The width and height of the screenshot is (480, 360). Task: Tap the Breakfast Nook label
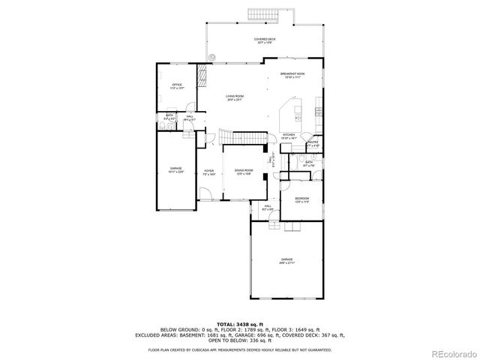[x=292, y=75]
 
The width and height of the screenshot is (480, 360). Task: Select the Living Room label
[x=235, y=97]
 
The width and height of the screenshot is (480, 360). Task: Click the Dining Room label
[x=243, y=172]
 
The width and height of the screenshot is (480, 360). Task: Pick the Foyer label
[x=209, y=172]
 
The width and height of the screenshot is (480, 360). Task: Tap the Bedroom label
[x=301, y=200]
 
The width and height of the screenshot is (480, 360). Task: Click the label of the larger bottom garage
[x=286, y=260]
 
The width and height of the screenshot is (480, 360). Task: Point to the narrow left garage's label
[x=176, y=169]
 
